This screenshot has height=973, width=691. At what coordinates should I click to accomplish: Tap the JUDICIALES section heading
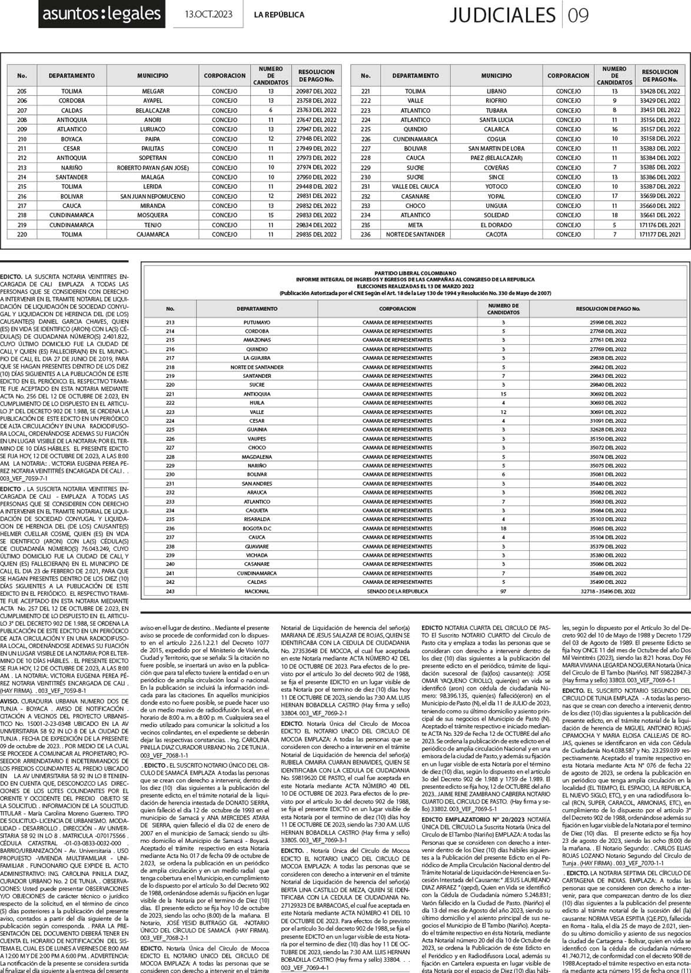(502, 15)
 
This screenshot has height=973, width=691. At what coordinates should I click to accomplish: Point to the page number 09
(579, 15)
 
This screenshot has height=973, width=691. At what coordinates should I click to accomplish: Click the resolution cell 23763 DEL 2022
(317, 110)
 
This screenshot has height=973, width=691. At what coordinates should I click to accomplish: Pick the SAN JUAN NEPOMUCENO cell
(152, 196)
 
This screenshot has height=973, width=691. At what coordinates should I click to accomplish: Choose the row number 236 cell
(366, 234)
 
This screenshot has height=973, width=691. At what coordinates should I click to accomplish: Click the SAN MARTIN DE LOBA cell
(496, 148)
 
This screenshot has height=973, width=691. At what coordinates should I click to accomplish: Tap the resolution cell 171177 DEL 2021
(659, 234)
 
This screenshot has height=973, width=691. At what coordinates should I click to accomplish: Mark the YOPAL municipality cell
(496, 196)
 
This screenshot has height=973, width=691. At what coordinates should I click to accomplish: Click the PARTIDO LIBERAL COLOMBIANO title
(416, 273)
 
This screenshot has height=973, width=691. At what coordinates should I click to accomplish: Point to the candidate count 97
(503, 591)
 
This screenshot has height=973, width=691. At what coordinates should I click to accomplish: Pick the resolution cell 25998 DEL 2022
(608, 323)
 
